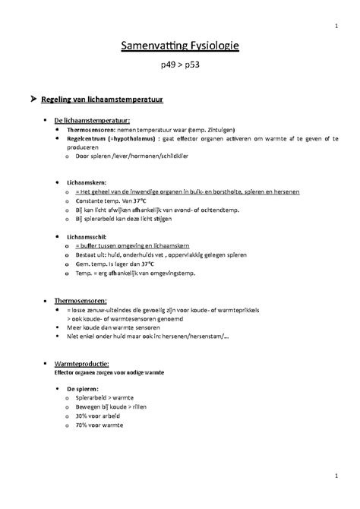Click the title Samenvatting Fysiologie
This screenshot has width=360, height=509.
pos(181,48)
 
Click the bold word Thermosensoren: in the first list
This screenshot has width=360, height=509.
pos(90,129)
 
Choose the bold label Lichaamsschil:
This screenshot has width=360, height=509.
pos(87,237)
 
